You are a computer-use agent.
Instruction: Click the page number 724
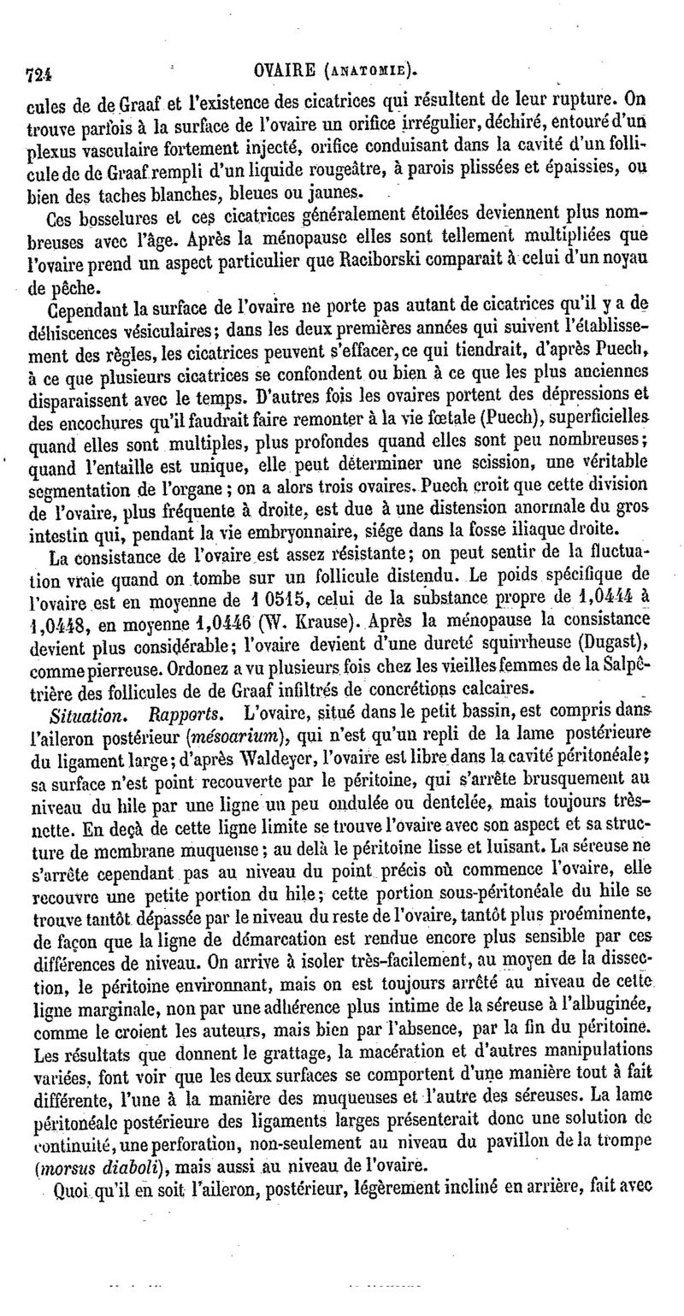38,74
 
